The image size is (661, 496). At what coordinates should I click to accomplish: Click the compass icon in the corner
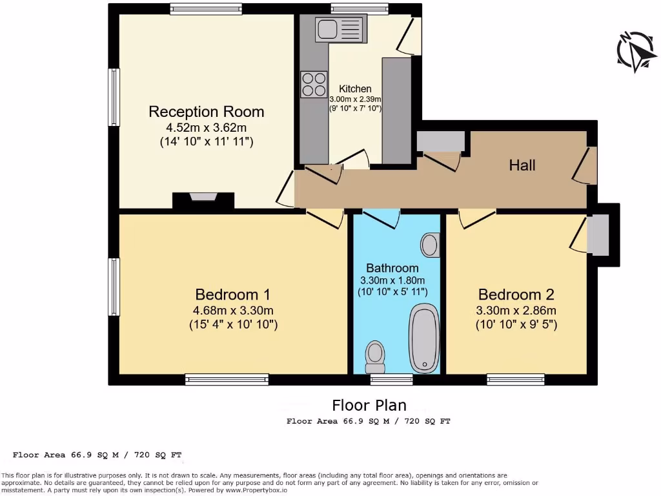[x=636, y=52]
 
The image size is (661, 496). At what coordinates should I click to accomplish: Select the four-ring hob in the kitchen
[x=314, y=84]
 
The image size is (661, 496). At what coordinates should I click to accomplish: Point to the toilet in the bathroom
[x=375, y=355]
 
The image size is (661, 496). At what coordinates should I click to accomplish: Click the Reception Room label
[x=206, y=111]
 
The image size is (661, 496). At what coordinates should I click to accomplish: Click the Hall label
[x=522, y=165]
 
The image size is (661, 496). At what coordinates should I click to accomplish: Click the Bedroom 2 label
[x=515, y=294]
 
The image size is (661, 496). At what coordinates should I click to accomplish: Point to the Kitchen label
[x=356, y=89]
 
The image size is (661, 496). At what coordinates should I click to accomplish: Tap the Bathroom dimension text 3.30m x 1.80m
[x=392, y=280]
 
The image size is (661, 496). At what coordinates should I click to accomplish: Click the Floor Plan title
[x=369, y=405]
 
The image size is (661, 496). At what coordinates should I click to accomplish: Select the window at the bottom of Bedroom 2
[x=516, y=380]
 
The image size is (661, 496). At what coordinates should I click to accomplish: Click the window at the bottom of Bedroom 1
[x=227, y=380]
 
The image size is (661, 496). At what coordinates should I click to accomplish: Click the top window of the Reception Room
[x=207, y=9]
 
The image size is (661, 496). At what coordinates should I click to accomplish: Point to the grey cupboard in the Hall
[x=441, y=141]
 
